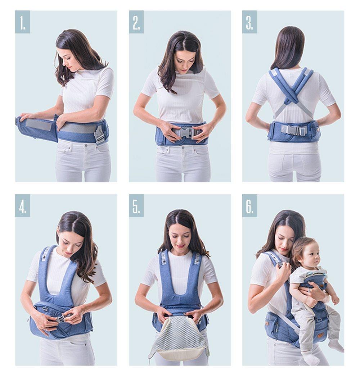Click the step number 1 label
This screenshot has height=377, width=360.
[22, 22]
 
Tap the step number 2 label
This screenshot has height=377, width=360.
[136, 22]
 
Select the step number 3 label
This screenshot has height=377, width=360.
[249, 22]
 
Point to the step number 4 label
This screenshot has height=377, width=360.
[22, 206]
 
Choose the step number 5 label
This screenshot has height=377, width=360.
[136, 206]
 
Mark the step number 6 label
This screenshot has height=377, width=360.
[249, 206]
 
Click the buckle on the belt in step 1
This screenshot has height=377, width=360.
[99, 134]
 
